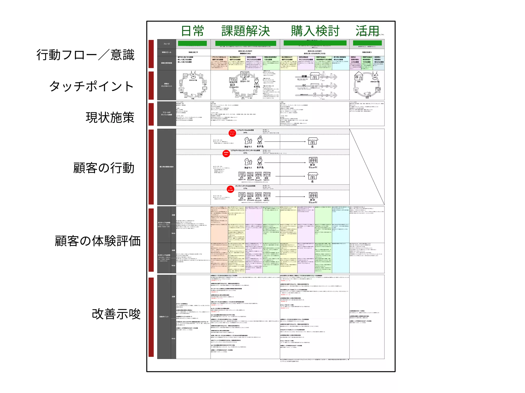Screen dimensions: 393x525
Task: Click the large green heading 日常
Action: pos(193,31)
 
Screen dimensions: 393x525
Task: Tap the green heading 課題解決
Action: pos(246,31)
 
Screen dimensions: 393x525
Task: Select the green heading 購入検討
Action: pos(315,31)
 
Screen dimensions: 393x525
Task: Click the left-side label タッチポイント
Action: pos(92,86)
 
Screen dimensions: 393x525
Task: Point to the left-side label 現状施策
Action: pos(110,117)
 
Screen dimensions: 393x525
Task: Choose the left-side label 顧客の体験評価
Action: pos(98,241)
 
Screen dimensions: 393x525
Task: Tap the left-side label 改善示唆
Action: pos(116,314)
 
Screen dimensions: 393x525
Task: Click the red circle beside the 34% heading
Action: pos(232,133)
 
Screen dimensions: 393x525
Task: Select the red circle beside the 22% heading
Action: pos(226,154)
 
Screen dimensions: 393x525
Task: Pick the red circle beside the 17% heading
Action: pos(230,189)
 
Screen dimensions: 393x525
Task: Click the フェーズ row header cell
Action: pos(167,44)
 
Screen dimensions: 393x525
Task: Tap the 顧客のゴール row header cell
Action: pos(167,52)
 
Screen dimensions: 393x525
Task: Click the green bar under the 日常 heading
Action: pos(192,43)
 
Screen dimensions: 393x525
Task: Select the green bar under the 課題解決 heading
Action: pos(246,43)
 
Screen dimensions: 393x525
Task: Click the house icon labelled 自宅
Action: pos(359,76)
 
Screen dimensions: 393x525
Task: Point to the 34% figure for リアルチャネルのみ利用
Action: pos(245,133)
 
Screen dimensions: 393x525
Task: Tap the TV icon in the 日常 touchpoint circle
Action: pos(186,76)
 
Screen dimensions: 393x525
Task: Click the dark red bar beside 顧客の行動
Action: pos(151,167)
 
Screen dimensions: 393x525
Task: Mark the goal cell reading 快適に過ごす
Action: pos(193,52)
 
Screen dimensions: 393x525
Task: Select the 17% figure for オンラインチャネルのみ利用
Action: pos(245,188)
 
